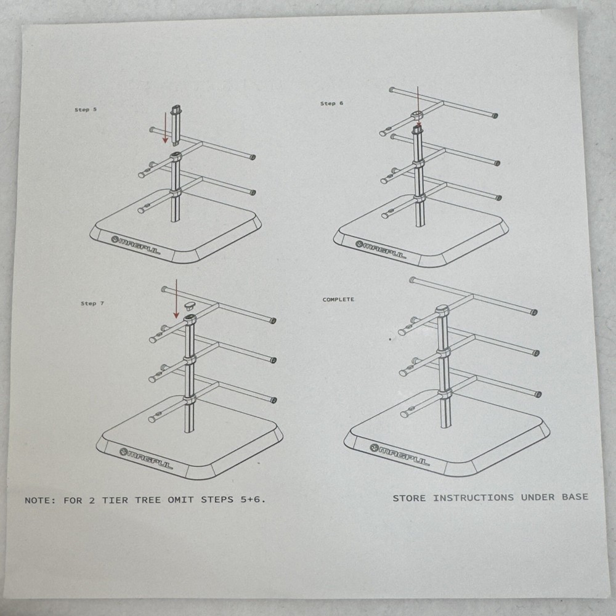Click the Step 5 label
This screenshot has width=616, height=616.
(86, 110)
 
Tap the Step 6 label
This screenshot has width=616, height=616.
(331, 103)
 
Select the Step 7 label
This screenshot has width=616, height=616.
(92, 303)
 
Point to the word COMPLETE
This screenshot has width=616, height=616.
(338, 299)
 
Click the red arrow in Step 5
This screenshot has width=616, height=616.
(165, 128)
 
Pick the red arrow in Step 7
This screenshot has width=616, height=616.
(176, 299)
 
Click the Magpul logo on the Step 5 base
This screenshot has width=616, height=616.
(136, 245)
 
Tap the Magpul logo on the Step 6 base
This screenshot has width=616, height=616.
(381, 249)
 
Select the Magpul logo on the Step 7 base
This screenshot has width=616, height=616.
(146, 458)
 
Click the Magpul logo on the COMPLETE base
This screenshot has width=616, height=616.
(400, 455)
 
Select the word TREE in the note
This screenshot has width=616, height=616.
(148, 500)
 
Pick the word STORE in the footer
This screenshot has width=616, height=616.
(408, 498)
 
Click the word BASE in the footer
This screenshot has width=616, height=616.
(575, 497)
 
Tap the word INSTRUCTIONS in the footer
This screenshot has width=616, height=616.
(473, 498)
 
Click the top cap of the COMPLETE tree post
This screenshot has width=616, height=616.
(442, 310)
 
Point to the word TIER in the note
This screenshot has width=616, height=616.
(115, 500)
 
